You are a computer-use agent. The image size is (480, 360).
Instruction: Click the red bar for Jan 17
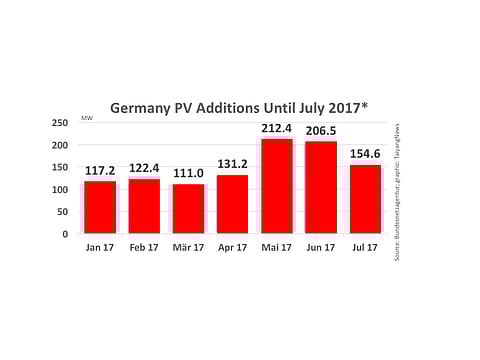click(x=100, y=207)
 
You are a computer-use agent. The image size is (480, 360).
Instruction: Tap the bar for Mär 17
click(x=188, y=208)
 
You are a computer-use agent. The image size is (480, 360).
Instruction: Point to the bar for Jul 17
click(x=365, y=199)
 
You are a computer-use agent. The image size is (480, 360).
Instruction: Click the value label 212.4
click(x=277, y=127)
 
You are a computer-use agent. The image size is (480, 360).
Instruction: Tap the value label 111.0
click(x=188, y=172)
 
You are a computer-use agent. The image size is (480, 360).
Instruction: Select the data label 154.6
click(x=365, y=153)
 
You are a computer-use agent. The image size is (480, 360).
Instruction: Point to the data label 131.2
click(x=232, y=163)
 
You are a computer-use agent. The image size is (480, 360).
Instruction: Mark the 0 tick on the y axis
click(x=65, y=234)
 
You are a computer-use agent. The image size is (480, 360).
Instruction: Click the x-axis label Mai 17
click(x=277, y=247)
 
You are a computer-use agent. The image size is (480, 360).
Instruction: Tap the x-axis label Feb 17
click(x=144, y=247)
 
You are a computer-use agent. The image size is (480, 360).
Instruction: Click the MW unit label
click(x=87, y=120)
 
